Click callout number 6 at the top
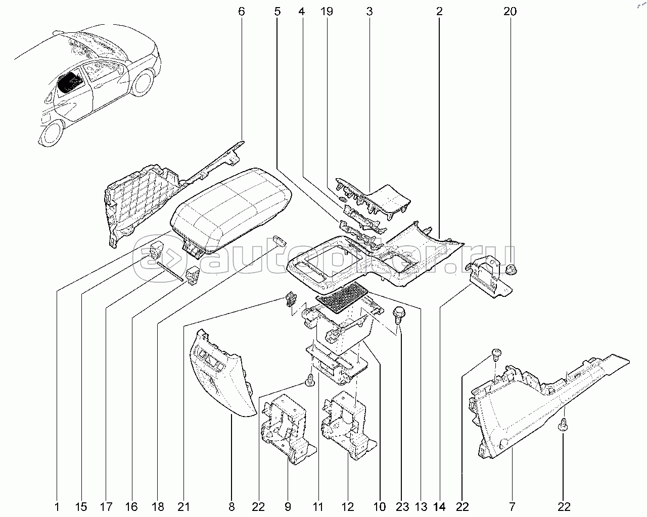[241, 11]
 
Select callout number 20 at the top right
[510, 11]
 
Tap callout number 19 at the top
[327, 11]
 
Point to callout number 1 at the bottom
[57, 506]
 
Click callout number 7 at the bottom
[512, 506]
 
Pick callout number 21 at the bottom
[183, 506]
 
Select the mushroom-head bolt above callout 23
[400, 313]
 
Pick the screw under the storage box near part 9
[310, 380]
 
